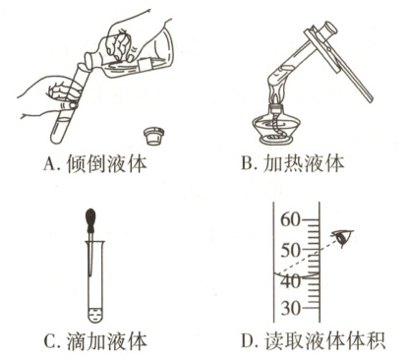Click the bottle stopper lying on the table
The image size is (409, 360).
tap(155, 136)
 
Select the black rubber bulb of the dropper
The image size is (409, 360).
tap(91, 217)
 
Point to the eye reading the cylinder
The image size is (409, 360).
tap(343, 237)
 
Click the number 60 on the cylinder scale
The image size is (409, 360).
tap(290, 219)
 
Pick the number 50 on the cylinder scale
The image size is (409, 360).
tap(290, 251)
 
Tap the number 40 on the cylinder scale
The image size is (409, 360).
tap(290, 281)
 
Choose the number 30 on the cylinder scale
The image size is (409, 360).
tap(290, 308)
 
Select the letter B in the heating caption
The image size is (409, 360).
tap(247, 163)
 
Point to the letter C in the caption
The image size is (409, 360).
tap(49, 341)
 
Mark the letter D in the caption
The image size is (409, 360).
tap(248, 341)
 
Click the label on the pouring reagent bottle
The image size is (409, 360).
tap(145, 64)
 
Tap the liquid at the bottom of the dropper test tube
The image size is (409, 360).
tap(95, 315)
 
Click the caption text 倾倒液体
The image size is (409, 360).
tap(106, 164)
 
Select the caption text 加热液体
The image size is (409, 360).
tap(304, 163)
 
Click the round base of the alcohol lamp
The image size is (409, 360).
tap(276, 140)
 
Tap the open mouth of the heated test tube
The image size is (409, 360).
tap(329, 29)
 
